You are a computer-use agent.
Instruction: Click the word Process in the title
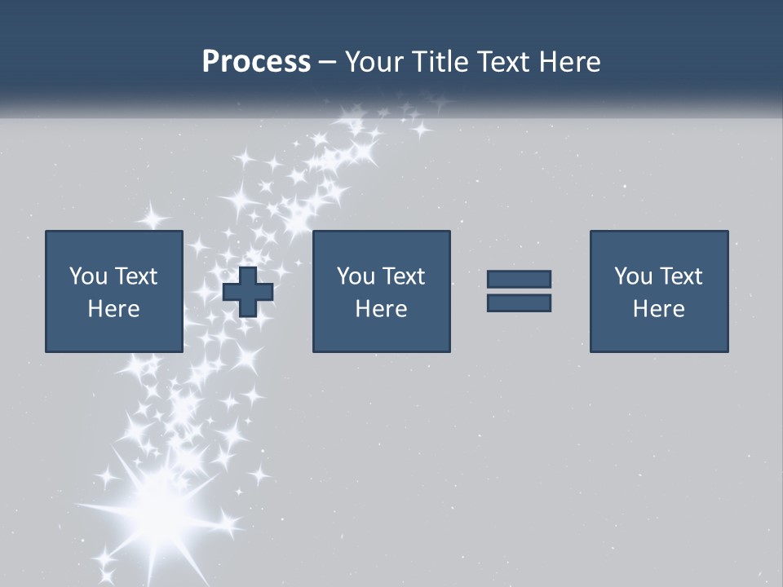coord(256,62)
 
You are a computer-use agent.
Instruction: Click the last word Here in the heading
coord(568,62)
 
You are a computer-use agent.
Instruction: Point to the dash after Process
coord(328,63)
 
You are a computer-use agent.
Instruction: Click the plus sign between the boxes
coord(248,291)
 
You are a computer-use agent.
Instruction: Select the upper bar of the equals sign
coord(519,279)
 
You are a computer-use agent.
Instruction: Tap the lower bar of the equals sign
coord(519,303)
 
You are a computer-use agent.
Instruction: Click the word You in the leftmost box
coord(88,276)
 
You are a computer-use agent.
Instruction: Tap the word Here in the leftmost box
coord(113,309)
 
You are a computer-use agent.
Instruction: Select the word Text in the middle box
coord(403,276)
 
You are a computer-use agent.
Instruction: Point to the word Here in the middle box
coord(381,309)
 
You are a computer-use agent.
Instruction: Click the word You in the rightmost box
coord(633,276)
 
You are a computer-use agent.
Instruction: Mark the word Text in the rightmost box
coord(680,276)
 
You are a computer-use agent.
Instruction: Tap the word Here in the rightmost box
coord(658,309)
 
